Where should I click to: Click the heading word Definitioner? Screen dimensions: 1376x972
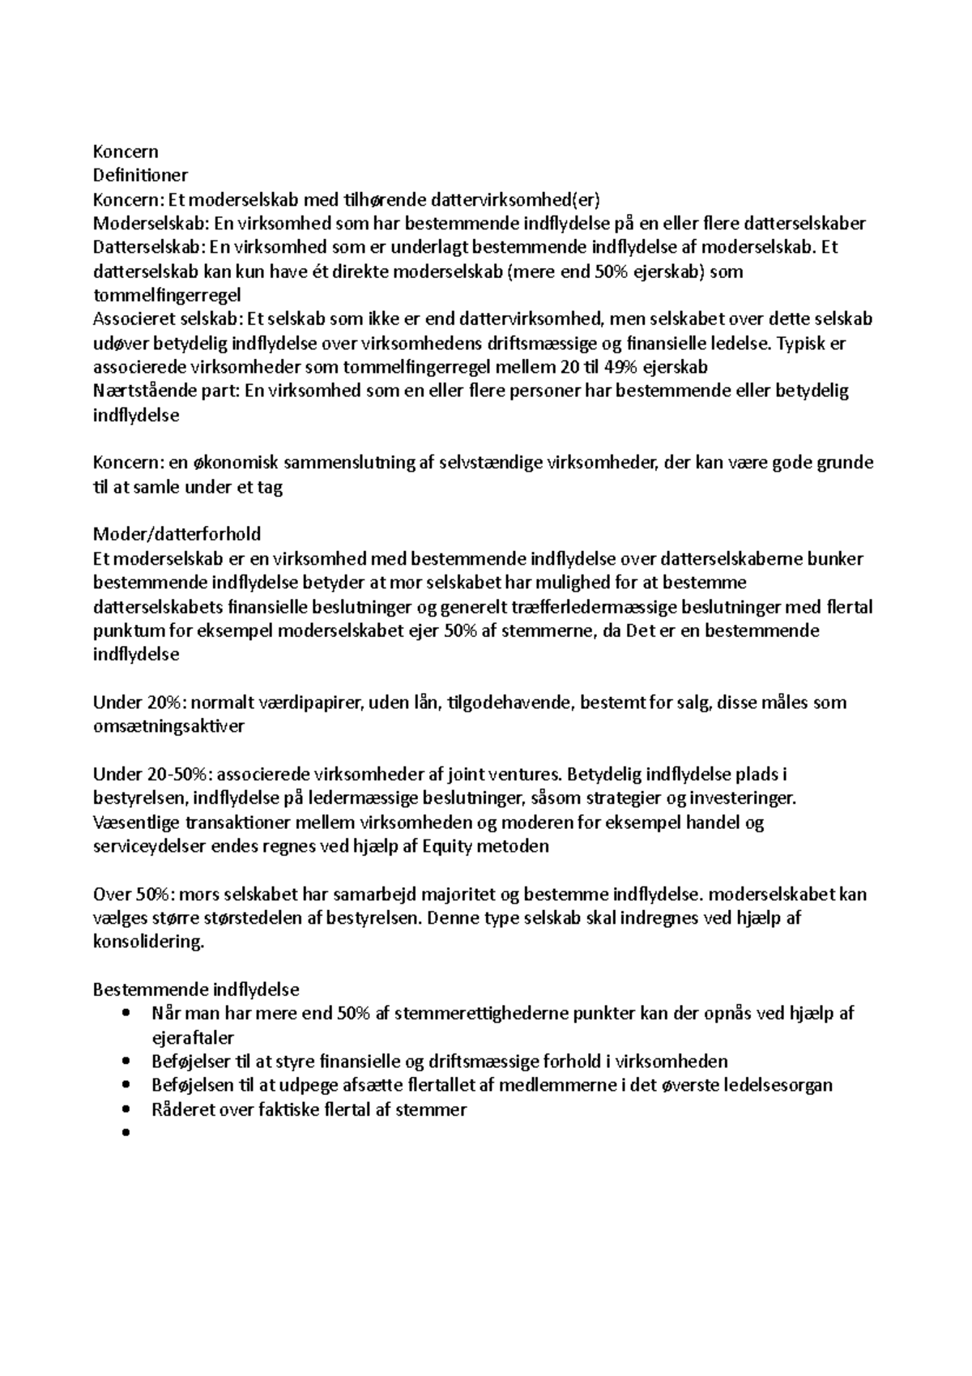pos(140,175)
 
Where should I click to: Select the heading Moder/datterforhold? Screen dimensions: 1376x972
pos(177,534)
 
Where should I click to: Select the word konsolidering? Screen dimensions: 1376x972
pos(149,942)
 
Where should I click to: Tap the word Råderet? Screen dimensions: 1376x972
pos(181,1109)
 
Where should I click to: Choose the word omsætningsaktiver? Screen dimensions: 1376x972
pos(168,726)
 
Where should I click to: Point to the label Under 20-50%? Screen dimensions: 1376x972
pos(152,774)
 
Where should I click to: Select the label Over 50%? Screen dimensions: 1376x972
pos(132,894)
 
